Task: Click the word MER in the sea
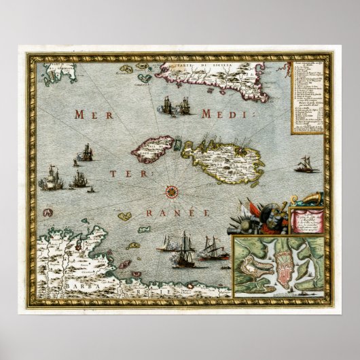click(x=93, y=115)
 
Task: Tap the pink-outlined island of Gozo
click(x=154, y=147)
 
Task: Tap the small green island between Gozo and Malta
click(x=179, y=143)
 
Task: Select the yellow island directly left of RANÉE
click(x=124, y=217)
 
